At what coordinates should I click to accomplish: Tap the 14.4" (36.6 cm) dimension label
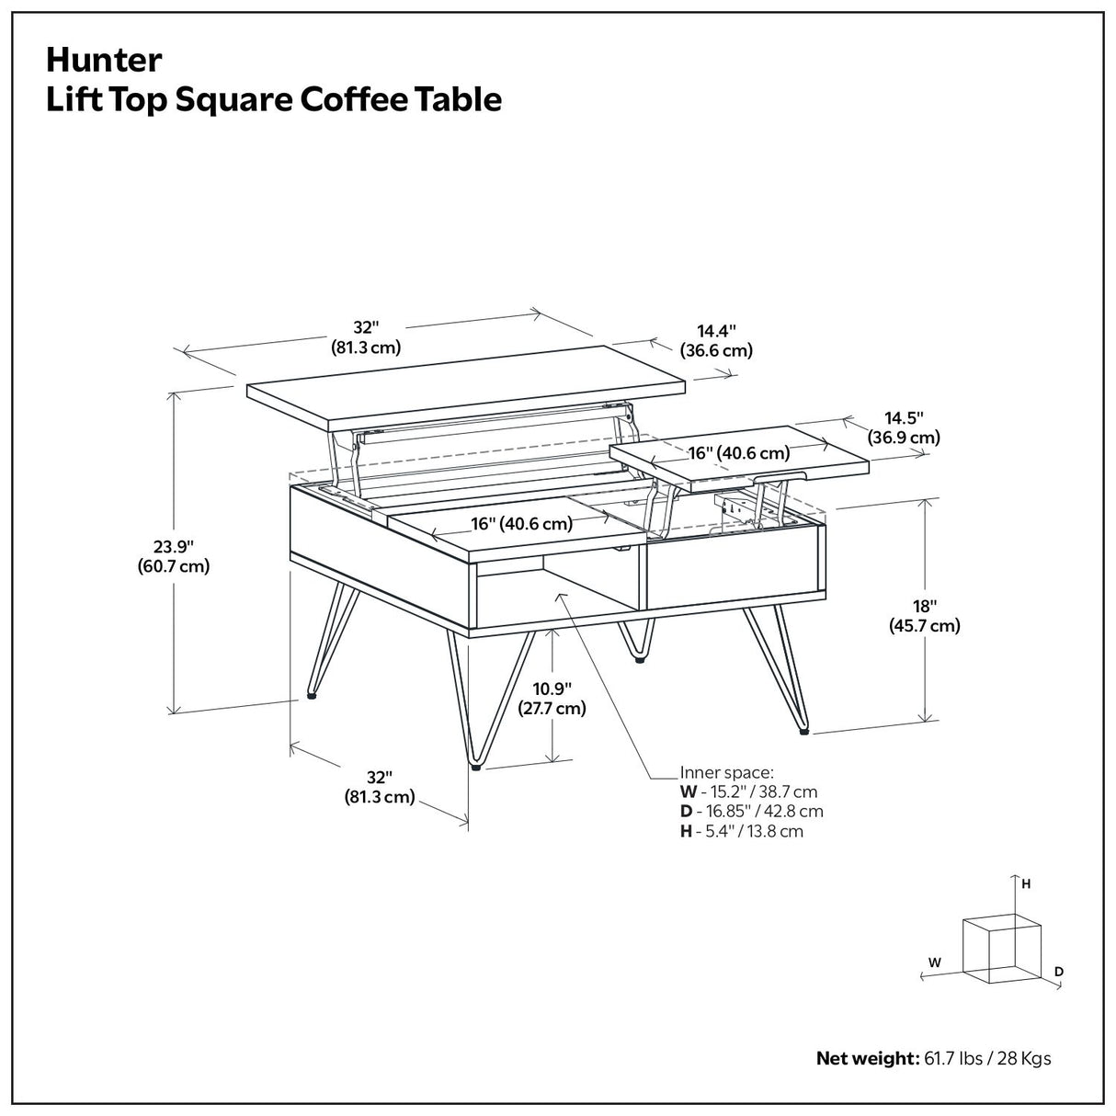click(x=716, y=340)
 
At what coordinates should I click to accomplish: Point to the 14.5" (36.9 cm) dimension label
click(x=904, y=427)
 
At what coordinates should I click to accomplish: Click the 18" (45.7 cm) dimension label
click(x=924, y=616)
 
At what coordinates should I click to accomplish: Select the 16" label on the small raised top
click(x=739, y=452)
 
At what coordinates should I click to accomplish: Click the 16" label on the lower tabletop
click(x=522, y=524)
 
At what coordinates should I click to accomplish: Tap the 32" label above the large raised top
click(x=366, y=337)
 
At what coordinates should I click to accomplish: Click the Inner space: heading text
click(x=726, y=772)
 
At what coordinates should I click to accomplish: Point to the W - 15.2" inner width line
click(x=748, y=791)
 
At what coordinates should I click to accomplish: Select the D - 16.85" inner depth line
click(x=751, y=812)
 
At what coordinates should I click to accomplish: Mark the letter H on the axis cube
click(x=1026, y=884)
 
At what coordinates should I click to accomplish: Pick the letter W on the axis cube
click(x=934, y=962)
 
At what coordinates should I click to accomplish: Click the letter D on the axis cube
click(x=1059, y=971)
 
